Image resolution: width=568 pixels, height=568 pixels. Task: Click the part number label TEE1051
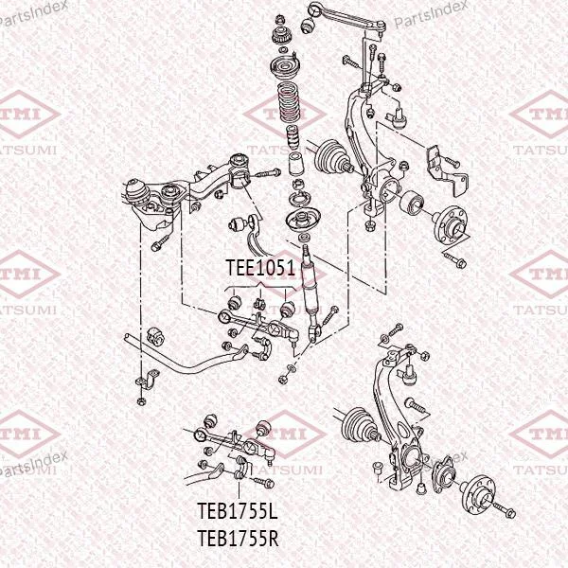pos(261,268)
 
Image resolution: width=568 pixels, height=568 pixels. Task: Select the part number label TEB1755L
pos(238,511)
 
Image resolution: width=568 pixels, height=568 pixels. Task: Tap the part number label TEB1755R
pos(238,538)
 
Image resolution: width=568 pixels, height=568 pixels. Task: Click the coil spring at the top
pos(288,103)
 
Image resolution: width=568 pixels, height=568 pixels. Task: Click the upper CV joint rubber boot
pos(329,157)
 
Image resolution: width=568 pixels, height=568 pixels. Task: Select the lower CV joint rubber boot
pos(357,425)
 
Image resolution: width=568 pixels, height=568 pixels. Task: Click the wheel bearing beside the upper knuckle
pos(412,203)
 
